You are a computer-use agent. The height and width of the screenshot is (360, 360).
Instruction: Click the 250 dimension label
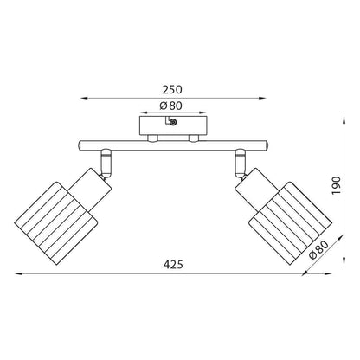point(172,89)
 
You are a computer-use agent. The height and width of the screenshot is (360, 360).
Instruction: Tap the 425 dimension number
point(173,264)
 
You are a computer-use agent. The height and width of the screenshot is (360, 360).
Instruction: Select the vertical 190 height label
point(337,185)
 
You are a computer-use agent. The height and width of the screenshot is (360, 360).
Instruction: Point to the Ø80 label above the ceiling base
point(171,106)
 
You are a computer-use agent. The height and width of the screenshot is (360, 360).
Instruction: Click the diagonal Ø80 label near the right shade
point(318,251)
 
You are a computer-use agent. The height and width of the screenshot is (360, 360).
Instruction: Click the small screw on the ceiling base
point(173,123)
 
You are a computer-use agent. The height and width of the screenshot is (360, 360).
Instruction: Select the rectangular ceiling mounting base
point(173,125)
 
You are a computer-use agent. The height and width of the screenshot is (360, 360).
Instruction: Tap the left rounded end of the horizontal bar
point(80,145)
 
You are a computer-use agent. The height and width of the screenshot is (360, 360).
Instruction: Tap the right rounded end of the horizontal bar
point(267,145)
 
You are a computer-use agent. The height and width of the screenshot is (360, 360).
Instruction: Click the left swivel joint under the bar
point(106,164)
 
